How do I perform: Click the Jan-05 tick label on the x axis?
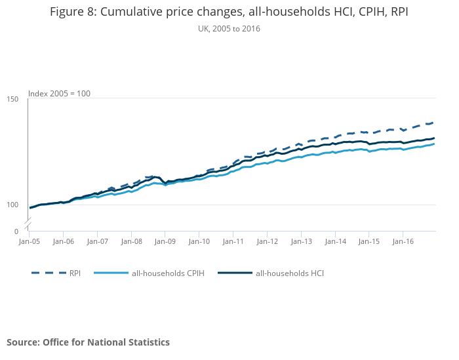29,241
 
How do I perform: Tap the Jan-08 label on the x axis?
131,241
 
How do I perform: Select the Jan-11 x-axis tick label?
233,241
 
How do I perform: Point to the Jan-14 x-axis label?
335,241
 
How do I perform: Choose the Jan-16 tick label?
403,241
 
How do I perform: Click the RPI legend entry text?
75,273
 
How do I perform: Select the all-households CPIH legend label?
168,273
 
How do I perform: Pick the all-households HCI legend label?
290,273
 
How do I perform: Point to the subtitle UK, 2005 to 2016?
229,28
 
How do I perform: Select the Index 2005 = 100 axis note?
59,93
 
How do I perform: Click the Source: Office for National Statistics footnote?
88,342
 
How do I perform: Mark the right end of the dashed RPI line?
433,123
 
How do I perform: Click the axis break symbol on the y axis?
28,225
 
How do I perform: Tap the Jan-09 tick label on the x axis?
165,241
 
